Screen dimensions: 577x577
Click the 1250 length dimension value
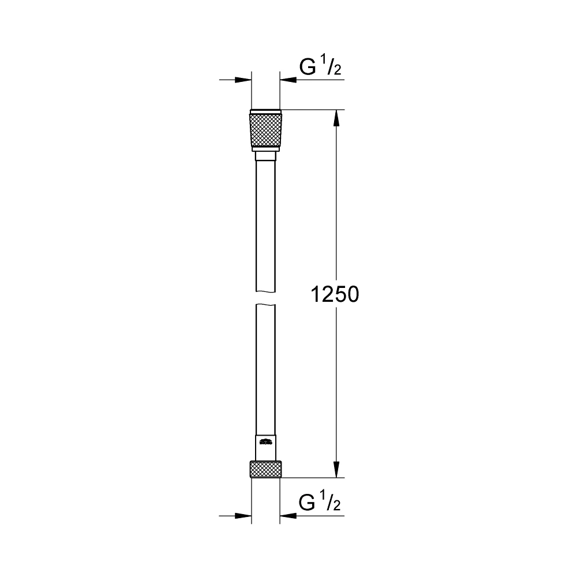click(335, 295)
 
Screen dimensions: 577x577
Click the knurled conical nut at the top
click(265, 130)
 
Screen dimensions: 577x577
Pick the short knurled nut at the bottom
click(265, 469)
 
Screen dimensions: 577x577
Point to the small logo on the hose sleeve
click(265, 443)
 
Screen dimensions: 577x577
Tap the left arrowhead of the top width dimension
click(245, 80)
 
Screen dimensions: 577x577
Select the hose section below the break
click(265, 369)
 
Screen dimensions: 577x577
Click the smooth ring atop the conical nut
click(265, 111)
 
